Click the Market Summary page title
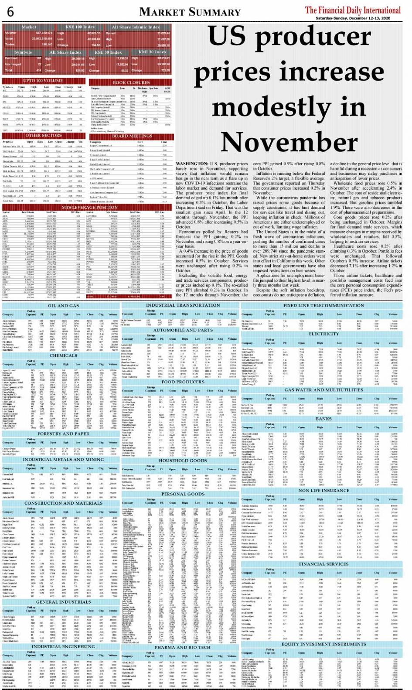point(190,12)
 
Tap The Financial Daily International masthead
point(352,10)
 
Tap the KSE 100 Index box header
point(80,27)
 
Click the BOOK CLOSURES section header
point(131,82)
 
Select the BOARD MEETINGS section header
point(132,136)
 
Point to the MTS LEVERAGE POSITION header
point(89,207)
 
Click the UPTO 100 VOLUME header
point(43,81)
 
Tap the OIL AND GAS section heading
point(63,306)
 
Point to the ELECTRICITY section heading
point(323,334)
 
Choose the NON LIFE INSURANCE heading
point(323,491)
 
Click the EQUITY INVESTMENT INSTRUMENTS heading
point(323,644)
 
